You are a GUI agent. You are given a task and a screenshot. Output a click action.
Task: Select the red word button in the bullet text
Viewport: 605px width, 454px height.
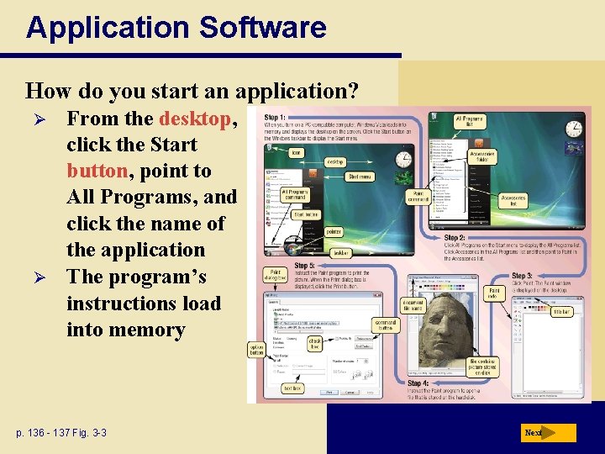(97, 171)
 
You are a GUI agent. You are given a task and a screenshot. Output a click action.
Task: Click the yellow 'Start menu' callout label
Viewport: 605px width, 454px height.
(360, 177)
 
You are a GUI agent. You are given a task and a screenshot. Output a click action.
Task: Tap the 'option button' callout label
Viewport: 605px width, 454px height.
(257, 348)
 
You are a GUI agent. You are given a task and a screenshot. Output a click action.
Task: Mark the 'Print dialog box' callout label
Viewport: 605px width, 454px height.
(277, 277)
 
